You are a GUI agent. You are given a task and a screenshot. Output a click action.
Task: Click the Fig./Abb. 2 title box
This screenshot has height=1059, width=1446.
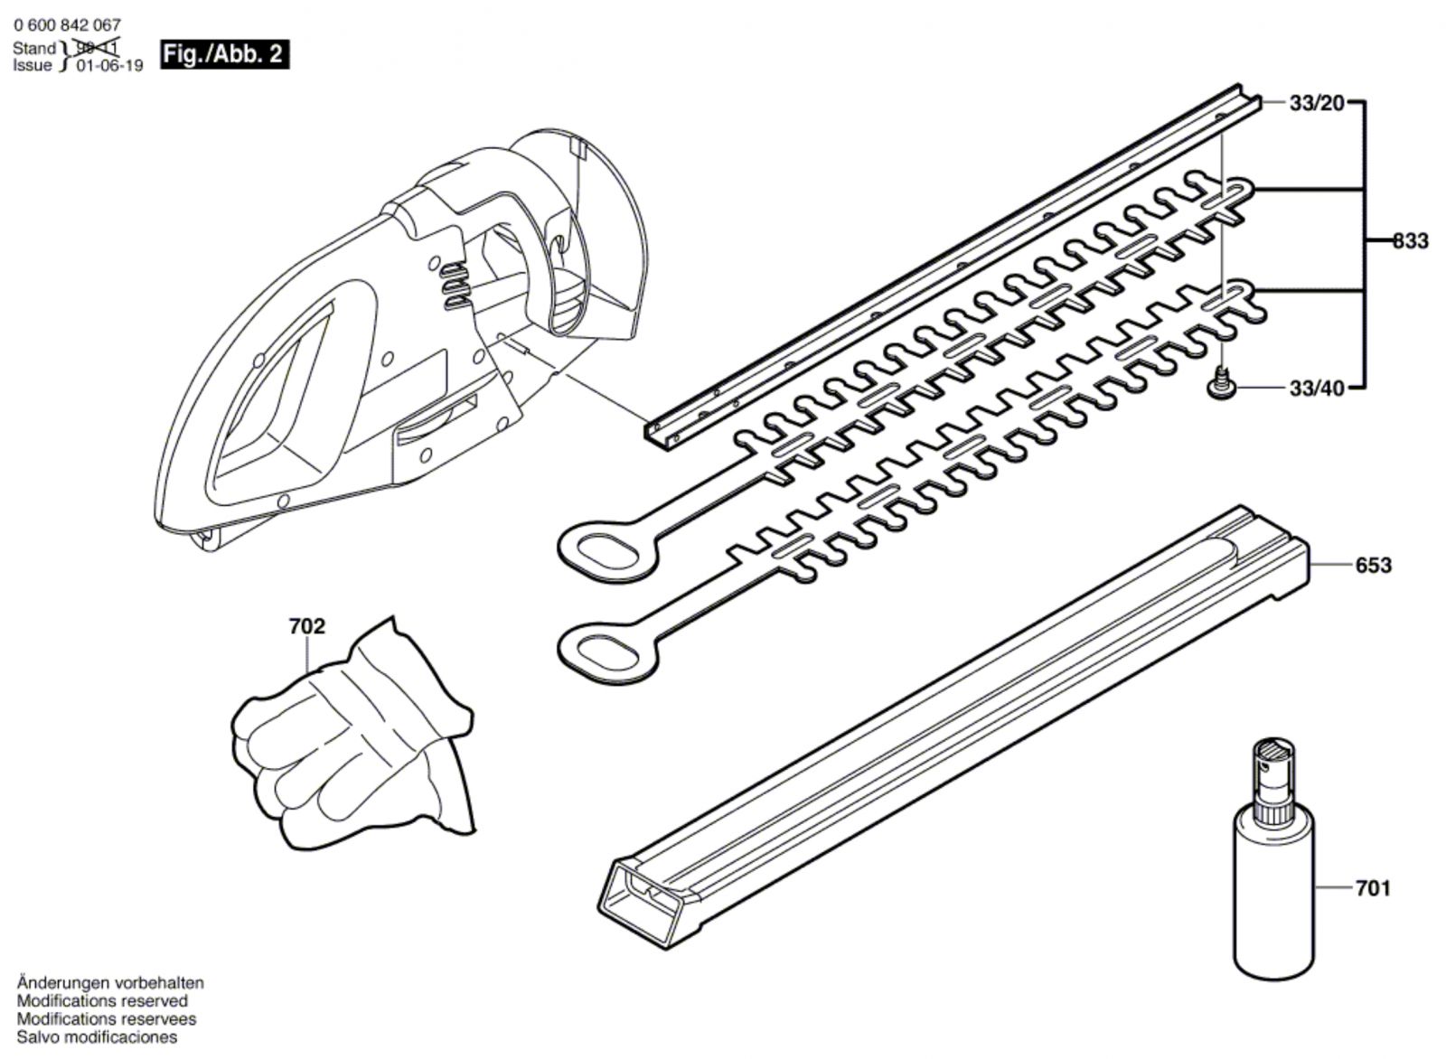tap(225, 54)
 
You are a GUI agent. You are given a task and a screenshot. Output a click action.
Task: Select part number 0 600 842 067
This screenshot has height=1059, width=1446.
tap(67, 25)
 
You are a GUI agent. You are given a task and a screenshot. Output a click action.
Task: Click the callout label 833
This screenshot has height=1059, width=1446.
tap(1410, 240)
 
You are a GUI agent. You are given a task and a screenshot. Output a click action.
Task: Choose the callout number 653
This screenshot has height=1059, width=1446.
tap(1373, 565)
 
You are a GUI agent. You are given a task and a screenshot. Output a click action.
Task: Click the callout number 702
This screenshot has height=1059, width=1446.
tap(306, 625)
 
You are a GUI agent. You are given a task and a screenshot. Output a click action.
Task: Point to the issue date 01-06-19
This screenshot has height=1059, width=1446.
tap(109, 66)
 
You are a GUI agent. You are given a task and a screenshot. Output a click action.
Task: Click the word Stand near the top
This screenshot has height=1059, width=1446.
tap(34, 49)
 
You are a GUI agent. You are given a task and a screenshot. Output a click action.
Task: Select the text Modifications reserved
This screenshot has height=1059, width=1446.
tap(102, 1001)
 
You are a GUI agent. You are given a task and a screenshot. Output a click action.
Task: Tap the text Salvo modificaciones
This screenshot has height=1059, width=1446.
tap(97, 1037)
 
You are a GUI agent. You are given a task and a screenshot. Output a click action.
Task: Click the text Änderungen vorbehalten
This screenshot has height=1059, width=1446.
tap(110, 983)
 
